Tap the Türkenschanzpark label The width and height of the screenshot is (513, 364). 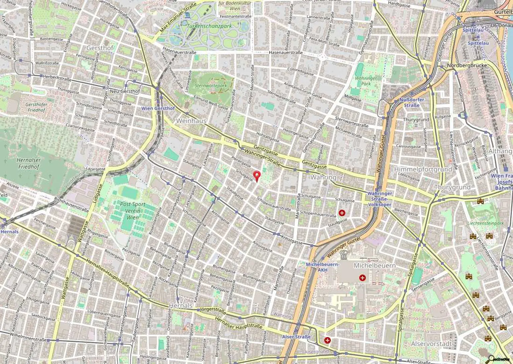pyautogui.click(x=209, y=26)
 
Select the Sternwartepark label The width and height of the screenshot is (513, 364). pyautogui.click(x=211, y=86)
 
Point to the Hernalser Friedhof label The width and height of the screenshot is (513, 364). pyautogui.click(x=28, y=163)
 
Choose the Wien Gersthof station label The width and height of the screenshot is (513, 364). pyautogui.click(x=158, y=108)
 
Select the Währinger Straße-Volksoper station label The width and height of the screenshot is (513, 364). pyautogui.click(x=379, y=199)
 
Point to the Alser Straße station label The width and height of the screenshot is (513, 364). pyautogui.click(x=296, y=337)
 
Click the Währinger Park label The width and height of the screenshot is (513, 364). pyautogui.click(x=366, y=81)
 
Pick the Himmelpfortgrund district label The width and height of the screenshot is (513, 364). pyautogui.click(x=423, y=169)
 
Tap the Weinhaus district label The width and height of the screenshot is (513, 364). pyautogui.click(x=191, y=121)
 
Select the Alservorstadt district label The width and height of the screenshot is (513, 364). pyautogui.click(x=431, y=344)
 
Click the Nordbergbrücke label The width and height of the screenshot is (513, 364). pyautogui.click(x=467, y=66)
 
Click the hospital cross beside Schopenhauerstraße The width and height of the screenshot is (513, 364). pyautogui.click(x=342, y=213)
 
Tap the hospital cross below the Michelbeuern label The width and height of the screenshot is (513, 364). pyautogui.click(x=362, y=277)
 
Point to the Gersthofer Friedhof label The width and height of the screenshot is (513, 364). pyautogui.click(x=36, y=107)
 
